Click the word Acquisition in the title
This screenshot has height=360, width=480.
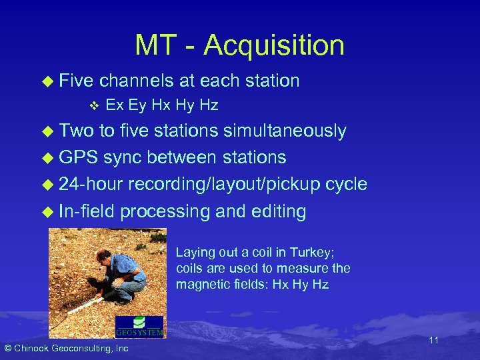[274, 45]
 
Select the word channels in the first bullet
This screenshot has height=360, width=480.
[137, 81]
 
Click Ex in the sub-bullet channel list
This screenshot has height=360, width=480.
[113, 105]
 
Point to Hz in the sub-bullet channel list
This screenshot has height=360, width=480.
[209, 105]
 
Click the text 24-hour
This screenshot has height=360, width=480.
[91, 185]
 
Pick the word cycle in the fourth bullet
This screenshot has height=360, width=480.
[347, 185]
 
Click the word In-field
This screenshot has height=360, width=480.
[87, 212]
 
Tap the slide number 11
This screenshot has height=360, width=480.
[433, 341]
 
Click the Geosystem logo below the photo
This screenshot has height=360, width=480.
[139, 327]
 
